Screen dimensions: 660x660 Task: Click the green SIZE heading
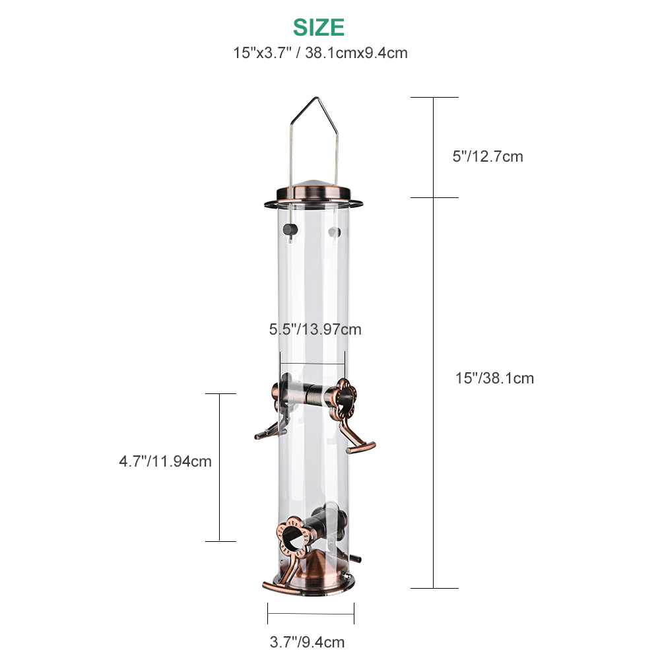(319, 27)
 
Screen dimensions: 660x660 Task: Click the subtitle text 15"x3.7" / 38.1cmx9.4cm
(320, 53)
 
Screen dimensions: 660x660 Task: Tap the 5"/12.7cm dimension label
(488, 156)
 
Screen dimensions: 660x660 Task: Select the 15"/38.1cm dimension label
(494, 378)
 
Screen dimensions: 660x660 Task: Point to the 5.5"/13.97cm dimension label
(315, 329)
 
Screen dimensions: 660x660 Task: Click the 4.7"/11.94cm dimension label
(165, 461)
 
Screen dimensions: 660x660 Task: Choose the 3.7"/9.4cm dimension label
(307, 642)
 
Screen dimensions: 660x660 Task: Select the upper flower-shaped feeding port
(343, 397)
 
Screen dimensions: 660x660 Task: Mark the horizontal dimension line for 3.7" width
(311, 613)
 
